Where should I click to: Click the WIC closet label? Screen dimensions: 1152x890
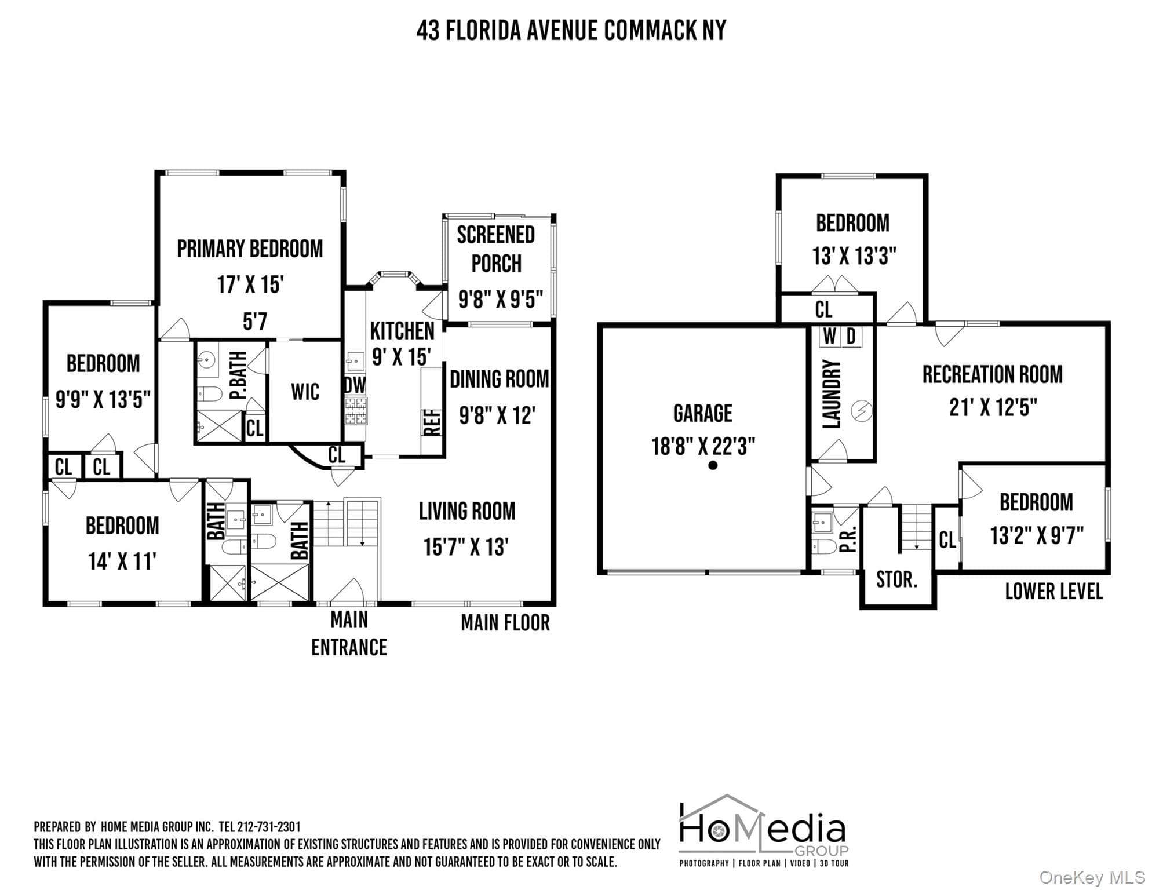(305, 392)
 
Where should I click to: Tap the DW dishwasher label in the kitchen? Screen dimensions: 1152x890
(355, 385)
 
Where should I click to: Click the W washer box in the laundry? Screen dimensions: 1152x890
(830, 336)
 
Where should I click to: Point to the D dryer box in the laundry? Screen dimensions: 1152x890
(851, 336)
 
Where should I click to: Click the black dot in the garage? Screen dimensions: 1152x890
(713, 465)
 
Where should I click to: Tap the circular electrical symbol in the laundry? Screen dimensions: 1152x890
(861, 411)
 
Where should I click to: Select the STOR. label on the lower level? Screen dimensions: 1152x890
(896, 579)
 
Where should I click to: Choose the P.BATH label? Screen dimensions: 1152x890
(238, 375)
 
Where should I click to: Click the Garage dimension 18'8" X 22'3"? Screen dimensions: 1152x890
(703, 447)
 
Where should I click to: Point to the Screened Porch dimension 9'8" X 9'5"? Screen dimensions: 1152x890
(500, 300)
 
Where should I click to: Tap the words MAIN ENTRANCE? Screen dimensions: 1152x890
(349, 633)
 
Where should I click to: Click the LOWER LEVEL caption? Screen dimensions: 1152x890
(1053, 592)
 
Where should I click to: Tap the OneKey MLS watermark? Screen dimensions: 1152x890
(1091, 878)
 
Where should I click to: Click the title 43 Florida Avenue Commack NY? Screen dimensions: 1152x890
(571, 30)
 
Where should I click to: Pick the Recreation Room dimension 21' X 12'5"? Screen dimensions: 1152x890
(993, 408)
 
